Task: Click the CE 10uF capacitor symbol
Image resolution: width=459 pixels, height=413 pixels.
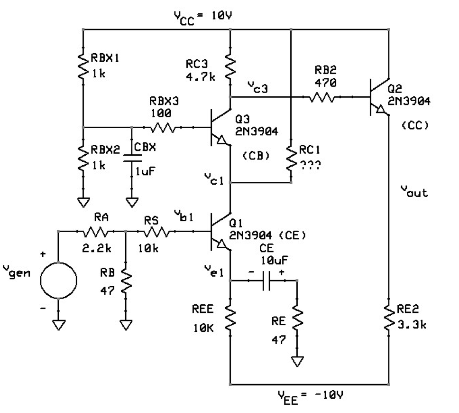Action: pos(268,281)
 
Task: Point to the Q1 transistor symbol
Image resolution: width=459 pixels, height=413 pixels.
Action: pos(219,232)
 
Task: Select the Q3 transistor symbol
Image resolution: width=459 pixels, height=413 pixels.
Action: pos(219,128)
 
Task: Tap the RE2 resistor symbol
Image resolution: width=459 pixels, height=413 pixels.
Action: pos(388,317)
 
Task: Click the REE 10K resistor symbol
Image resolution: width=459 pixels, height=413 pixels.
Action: pos(230,317)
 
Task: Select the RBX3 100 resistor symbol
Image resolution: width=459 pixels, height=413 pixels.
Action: pos(163,127)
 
